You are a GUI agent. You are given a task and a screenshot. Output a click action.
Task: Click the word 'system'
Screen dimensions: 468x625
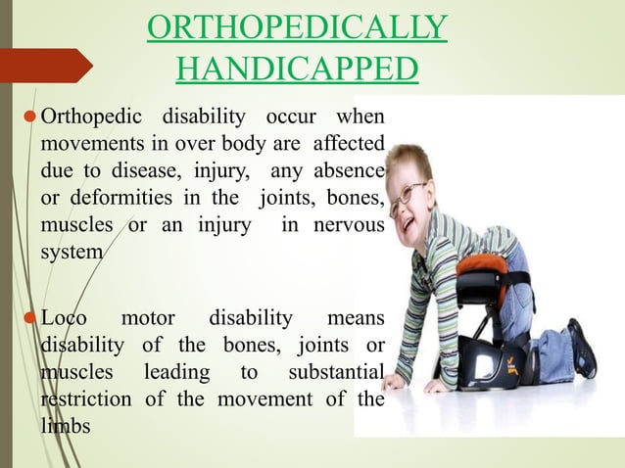tap(71, 253)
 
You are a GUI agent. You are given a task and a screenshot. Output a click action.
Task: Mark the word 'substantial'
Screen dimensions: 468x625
tap(336, 372)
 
